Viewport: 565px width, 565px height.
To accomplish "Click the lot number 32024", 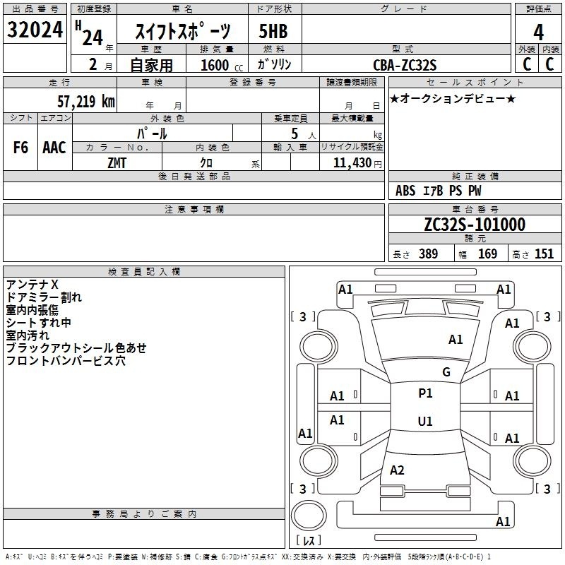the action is tap(35, 30).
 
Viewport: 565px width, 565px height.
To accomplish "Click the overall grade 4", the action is tap(538, 32).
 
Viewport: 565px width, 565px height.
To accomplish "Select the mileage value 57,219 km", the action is tap(86, 101).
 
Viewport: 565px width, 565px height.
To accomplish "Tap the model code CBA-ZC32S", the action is tap(405, 65).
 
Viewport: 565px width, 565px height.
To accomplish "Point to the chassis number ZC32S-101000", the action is tap(475, 225).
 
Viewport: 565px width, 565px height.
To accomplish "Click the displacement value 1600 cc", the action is tap(222, 65).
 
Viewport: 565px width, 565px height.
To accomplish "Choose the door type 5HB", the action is tap(273, 31).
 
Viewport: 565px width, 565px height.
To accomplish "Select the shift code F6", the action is tap(20, 148).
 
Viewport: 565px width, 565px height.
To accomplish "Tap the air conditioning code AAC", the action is tap(54, 148).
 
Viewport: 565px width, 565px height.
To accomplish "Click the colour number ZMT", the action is tap(117, 163).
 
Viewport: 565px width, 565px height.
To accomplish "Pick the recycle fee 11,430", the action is tap(352, 163).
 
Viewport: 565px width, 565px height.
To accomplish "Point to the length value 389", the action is tap(429, 254).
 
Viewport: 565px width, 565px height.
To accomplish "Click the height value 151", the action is tap(544, 254).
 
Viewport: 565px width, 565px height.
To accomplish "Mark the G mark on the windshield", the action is tap(446, 371).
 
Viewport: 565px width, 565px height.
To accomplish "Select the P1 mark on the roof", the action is tap(425, 393).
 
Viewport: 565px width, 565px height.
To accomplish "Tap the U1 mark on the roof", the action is tap(425, 421).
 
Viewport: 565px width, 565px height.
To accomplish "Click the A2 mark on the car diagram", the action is tap(397, 470).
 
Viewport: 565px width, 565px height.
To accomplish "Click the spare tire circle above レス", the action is tap(309, 515).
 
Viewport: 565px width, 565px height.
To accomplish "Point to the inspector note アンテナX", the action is tap(32, 285).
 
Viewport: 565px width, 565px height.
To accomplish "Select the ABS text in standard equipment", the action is tap(405, 191).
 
